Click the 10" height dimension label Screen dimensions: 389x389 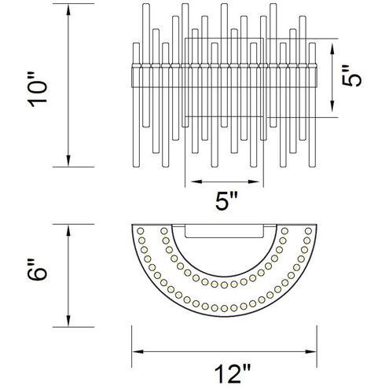pos(37,89)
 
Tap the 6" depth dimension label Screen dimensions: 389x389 pos(37,270)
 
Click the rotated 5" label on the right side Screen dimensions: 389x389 pos(352,75)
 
